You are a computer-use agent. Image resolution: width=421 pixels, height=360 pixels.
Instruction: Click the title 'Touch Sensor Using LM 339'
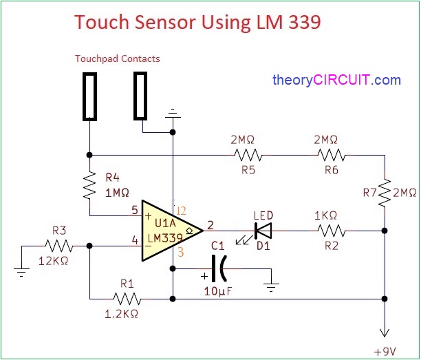(x=197, y=22)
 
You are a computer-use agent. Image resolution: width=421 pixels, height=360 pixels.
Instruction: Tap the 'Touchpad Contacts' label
(x=117, y=59)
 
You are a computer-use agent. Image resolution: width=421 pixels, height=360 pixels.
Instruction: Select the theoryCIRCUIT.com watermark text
(x=336, y=80)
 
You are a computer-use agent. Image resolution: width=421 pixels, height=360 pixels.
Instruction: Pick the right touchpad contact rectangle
(x=142, y=94)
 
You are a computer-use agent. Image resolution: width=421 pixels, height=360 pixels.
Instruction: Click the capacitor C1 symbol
(x=221, y=268)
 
